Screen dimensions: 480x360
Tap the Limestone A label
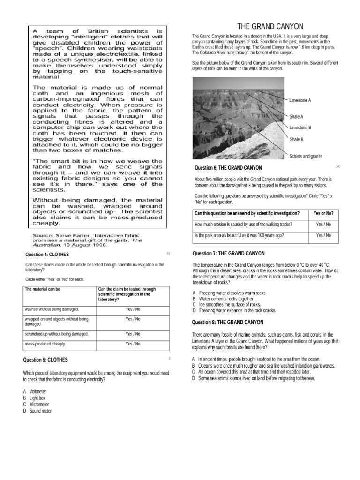(300, 100)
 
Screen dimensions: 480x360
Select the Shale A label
(296, 116)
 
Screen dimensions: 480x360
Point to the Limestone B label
(300, 127)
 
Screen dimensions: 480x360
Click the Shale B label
(296, 139)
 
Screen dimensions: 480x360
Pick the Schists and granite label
(306, 156)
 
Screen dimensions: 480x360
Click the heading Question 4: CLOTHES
(47, 255)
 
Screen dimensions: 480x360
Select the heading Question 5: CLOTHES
(45, 360)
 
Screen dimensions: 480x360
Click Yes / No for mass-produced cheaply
(133, 344)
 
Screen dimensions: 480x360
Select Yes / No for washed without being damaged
(133, 309)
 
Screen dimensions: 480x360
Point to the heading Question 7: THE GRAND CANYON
(228, 254)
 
